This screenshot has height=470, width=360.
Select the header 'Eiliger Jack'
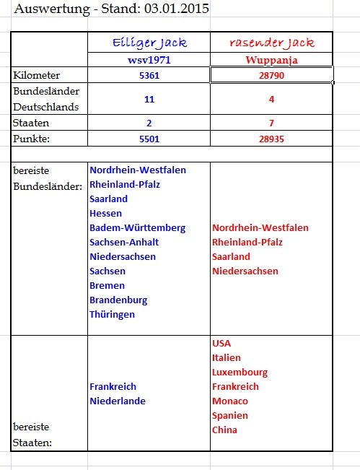click(x=148, y=43)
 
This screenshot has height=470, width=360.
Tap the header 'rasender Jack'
click(x=271, y=43)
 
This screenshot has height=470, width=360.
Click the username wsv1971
click(x=148, y=61)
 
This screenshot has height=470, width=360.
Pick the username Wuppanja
click(x=271, y=61)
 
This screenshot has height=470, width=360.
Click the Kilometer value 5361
click(x=148, y=75)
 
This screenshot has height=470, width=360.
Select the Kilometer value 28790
click(x=271, y=75)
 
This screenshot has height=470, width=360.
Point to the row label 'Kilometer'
click(x=37, y=75)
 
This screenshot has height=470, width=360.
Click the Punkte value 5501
click(x=148, y=138)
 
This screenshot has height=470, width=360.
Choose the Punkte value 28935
click(x=271, y=138)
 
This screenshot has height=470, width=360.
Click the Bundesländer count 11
click(x=148, y=100)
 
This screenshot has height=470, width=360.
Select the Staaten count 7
click(x=271, y=123)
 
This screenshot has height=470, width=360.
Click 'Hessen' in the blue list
click(x=105, y=213)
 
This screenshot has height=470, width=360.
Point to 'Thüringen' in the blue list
click(x=112, y=314)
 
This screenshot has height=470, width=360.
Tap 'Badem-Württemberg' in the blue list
click(x=137, y=227)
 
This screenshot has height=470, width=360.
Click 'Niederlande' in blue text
click(x=118, y=401)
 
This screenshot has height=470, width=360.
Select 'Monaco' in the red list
click(x=230, y=401)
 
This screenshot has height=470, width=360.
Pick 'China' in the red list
click(x=226, y=430)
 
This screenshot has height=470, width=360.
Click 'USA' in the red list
click(x=222, y=343)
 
